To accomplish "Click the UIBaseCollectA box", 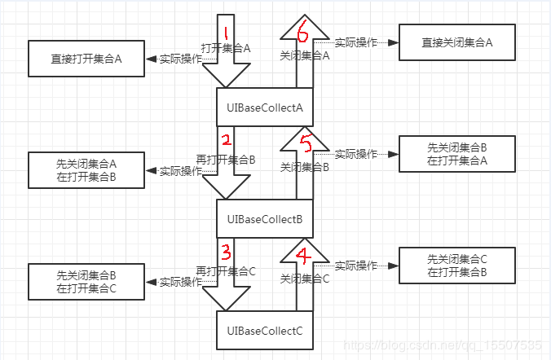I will click(265, 107).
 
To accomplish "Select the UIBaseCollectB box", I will click(265, 218).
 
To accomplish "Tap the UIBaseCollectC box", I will click(265, 331).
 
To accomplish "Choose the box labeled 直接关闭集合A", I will click(456, 42).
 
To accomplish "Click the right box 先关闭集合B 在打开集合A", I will click(456, 154).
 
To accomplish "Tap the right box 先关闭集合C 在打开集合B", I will click(456, 266).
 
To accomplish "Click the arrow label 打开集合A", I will click(226, 48).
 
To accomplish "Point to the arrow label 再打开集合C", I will click(226, 271).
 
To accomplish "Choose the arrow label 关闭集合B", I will click(304, 167).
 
